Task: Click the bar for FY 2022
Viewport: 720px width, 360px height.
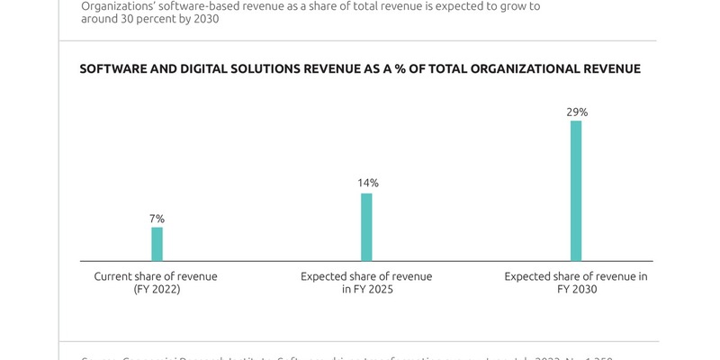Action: [x=157, y=244]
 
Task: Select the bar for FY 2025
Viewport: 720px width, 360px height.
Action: [x=366, y=227]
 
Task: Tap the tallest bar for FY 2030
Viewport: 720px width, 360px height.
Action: [x=576, y=191]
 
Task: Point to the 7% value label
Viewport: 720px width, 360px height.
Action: [x=157, y=219]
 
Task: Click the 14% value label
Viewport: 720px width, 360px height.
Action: [x=367, y=183]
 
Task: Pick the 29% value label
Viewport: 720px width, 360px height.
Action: [x=577, y=112]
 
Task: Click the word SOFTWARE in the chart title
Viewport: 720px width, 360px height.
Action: [x=113, y=69]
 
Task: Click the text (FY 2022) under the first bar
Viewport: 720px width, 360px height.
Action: [x=157, y=290]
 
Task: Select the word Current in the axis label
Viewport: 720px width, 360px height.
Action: [x=114, y=276]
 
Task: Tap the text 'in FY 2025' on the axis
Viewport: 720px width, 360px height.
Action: [x=366, y=290]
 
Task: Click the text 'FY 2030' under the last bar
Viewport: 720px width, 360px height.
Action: [x=576, y=290]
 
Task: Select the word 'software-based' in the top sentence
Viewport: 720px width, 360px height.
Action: [x=195, y=5]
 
